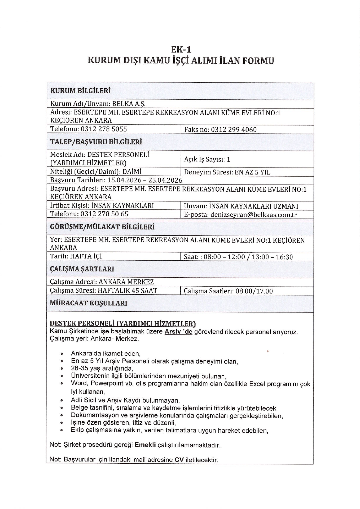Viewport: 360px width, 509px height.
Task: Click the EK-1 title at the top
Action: [x=181, y=50]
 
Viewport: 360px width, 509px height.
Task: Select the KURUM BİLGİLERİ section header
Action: [x=80, y=91]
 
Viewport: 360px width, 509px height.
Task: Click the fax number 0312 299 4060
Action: [x=234, y=130]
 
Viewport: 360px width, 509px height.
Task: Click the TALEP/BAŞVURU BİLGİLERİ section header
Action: [x=96, y=142]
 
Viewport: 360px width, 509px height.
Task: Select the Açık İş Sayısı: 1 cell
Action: [x=207, y=159]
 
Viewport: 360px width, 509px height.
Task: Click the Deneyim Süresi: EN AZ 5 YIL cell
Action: [x=227, y=172]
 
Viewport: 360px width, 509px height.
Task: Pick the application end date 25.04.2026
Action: [x=165, y=181]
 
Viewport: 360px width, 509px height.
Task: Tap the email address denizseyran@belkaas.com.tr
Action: [x=253, y=215]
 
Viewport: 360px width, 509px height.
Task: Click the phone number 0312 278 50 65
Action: [x=104, y=214]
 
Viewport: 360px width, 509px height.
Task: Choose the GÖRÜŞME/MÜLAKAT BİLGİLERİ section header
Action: [x=102, y=227]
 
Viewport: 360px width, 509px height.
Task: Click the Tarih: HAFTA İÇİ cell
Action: [x=76, y=256]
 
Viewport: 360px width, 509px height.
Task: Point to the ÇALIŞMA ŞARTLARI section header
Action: [x=82, y=269]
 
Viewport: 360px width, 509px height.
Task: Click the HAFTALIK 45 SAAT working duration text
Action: [x=127, y=291]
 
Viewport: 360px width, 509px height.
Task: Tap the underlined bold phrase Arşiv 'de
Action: [x=178, y=332]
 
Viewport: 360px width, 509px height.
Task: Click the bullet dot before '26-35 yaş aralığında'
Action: [x=62, y=369]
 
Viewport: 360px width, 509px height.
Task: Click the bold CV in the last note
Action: [x=179, y=460]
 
